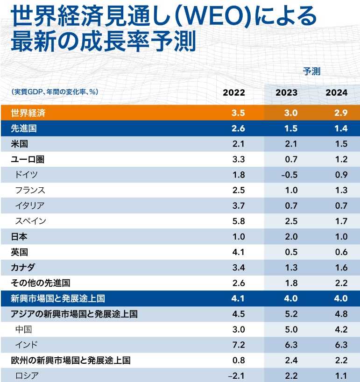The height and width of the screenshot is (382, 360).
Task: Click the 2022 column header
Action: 233,92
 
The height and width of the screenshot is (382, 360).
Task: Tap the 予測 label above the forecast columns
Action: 311,71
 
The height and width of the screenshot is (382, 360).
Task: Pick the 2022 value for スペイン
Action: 238,221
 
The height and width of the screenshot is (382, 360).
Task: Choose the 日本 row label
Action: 19,236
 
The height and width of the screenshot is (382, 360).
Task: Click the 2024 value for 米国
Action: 341,144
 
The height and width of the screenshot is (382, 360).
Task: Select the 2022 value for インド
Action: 238,345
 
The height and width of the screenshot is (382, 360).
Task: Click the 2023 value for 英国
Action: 290,252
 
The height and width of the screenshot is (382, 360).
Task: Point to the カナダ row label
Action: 23,268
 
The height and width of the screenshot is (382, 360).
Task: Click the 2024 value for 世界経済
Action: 341,113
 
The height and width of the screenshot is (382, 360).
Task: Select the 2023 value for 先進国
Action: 290,128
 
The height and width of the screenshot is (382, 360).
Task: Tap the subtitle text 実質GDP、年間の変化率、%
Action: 55,92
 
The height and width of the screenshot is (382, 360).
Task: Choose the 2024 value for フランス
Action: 341,190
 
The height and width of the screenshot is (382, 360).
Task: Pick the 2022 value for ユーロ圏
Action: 238,159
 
